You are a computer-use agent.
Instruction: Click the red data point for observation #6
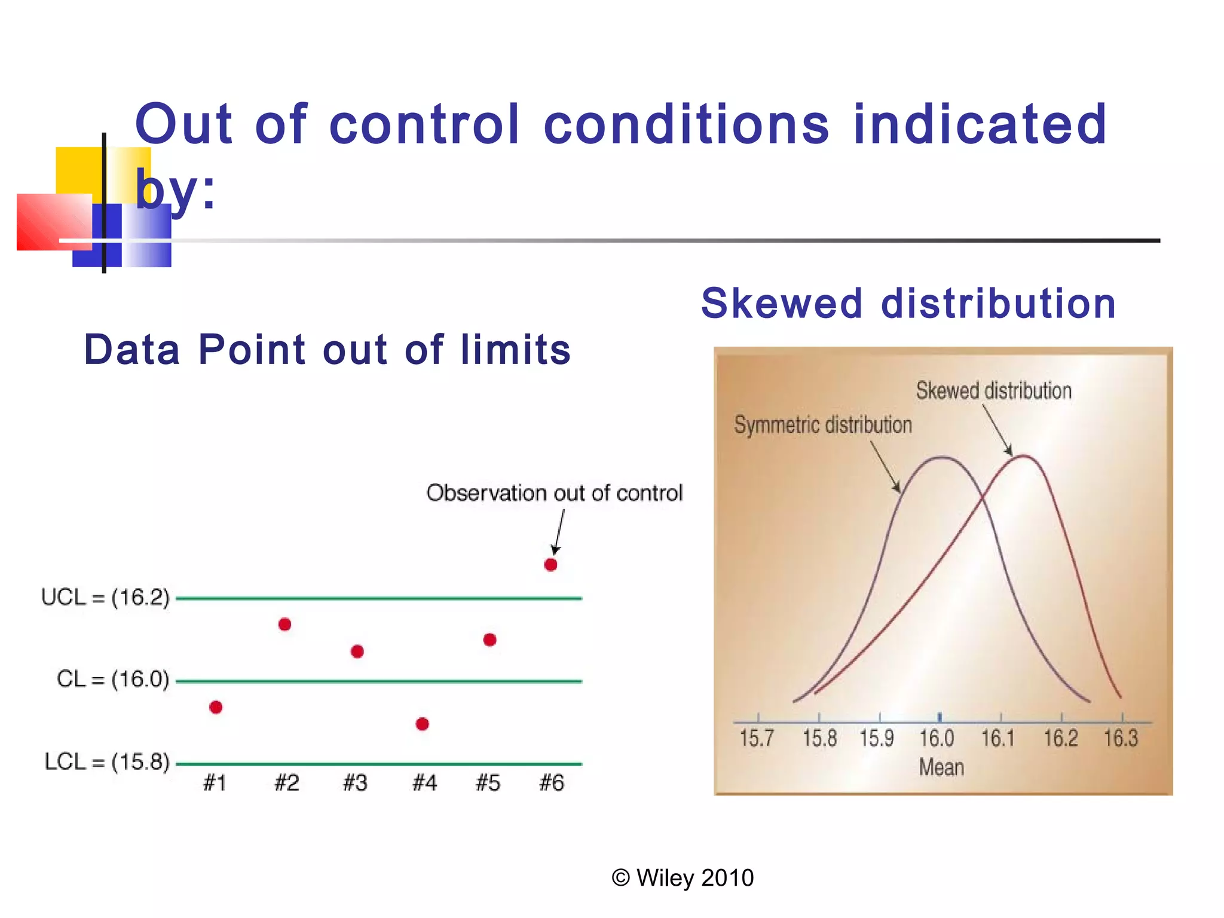(x=550, y=565)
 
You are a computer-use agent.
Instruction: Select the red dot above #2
(x=284, y=625)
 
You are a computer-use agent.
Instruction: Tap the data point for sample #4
(x=422, y=724)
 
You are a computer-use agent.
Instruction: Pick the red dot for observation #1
(x=216, y=708)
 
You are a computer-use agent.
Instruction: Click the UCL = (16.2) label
(x=105, y=597)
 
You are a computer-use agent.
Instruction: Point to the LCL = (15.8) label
(x=107, y=762)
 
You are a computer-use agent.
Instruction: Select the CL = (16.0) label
(x=113, y=680)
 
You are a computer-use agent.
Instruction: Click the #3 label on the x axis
(x=355, y=783)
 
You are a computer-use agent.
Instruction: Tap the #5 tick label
(x=488, y=783)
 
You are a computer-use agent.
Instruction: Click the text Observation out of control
(x=554, y=493)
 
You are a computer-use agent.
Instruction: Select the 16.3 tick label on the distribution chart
(x=1121, y=739)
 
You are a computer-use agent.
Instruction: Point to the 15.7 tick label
(x=756, y=739)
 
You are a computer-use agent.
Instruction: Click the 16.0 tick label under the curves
(x=936, y=739)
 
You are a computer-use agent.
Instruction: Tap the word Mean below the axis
(x=941, y=767)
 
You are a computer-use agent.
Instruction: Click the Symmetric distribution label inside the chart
(x=823, y=425)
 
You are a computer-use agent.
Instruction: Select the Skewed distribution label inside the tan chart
(x=993, y=391)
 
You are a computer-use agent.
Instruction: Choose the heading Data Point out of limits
(x=327, y=350)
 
